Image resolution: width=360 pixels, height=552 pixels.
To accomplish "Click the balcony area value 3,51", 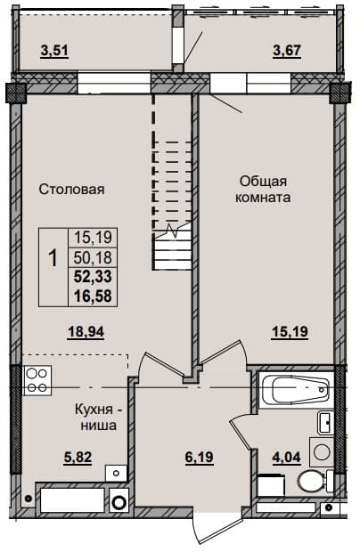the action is coord(54,51).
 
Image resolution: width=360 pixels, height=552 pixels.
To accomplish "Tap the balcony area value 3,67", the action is coord(288,51).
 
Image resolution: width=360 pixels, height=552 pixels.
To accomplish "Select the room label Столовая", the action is coord(71,190).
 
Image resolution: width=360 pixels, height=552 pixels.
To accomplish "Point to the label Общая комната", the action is coord(263,190).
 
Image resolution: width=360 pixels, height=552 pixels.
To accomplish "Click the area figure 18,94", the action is coord(86,331).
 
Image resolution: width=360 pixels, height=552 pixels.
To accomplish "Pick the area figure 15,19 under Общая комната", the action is coord(290,331).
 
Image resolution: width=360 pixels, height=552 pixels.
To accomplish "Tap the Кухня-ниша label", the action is coord(99,418).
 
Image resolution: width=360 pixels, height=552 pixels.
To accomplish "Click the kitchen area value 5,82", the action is coord(78,458).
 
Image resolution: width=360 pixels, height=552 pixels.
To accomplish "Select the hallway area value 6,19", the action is coord(200,458).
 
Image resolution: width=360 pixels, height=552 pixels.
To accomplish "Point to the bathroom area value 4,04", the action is coord(286,458).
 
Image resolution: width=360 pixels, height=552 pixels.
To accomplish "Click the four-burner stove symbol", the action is coord(37,380).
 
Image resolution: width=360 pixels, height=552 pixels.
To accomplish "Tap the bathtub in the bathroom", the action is coord(296,389).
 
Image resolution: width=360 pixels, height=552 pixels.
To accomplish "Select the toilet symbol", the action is coord(315,481).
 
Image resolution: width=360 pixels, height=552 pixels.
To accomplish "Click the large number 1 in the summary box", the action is coord(53,258).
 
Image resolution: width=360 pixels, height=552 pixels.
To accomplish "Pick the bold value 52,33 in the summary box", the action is coord(93,277).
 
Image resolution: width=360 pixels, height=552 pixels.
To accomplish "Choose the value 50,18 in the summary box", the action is coord(93,257).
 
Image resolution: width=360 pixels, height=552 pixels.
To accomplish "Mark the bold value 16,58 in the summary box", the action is coord(93,296).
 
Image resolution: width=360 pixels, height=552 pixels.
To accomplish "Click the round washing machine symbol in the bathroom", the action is coord(322,451).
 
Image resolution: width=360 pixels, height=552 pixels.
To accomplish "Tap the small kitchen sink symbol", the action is coord(116,473).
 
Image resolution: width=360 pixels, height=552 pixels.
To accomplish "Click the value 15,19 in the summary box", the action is coord(93,238).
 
